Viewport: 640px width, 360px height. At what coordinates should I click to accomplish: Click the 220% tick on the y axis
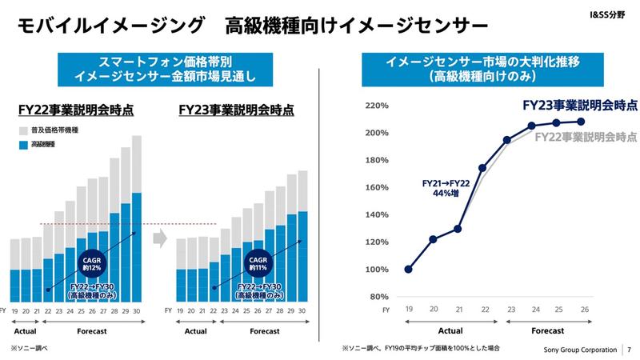(376, 106)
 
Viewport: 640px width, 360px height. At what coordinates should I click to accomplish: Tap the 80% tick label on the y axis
(378, 297)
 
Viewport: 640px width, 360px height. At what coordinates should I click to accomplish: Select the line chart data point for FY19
(410, 270)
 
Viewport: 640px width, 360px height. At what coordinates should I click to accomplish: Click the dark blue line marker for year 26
(581, 122)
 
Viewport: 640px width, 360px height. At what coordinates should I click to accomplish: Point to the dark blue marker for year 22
(482, 168)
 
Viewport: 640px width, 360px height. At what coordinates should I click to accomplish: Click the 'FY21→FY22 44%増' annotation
(445, 188)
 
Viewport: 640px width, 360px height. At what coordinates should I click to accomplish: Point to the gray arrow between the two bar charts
(158, 237)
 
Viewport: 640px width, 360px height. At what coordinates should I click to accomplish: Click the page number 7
(630, 350)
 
